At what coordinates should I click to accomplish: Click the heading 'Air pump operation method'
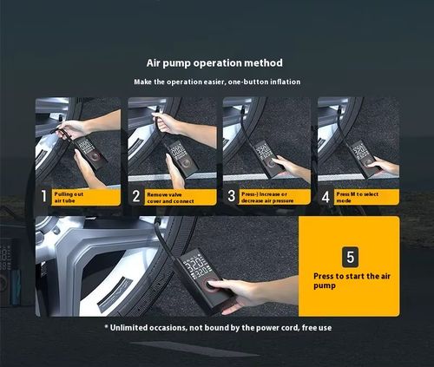[x=214, y=63]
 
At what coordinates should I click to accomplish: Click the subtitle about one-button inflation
[x=217, y=82]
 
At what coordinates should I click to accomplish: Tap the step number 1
[x=43, y=196]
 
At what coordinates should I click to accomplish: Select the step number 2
[x=136, y=196]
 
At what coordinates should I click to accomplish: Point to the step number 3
[x=231, y=196]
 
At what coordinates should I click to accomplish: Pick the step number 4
[x=325, y=197]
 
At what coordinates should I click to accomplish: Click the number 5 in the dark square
[x=350, y=257]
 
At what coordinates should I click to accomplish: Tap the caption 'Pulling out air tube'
[x=69, y=197]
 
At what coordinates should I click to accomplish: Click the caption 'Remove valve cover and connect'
[x=170, y=198]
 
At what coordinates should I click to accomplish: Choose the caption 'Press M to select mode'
[x=357, y=197]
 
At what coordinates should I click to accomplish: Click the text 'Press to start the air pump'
[x=352, y=281]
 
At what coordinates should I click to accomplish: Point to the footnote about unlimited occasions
[x=218, y=328]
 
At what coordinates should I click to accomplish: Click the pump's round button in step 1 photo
[x=95, y=156]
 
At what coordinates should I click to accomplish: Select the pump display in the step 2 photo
[x=176, y=150]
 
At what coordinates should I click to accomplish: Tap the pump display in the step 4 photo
[x=359, y=151]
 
